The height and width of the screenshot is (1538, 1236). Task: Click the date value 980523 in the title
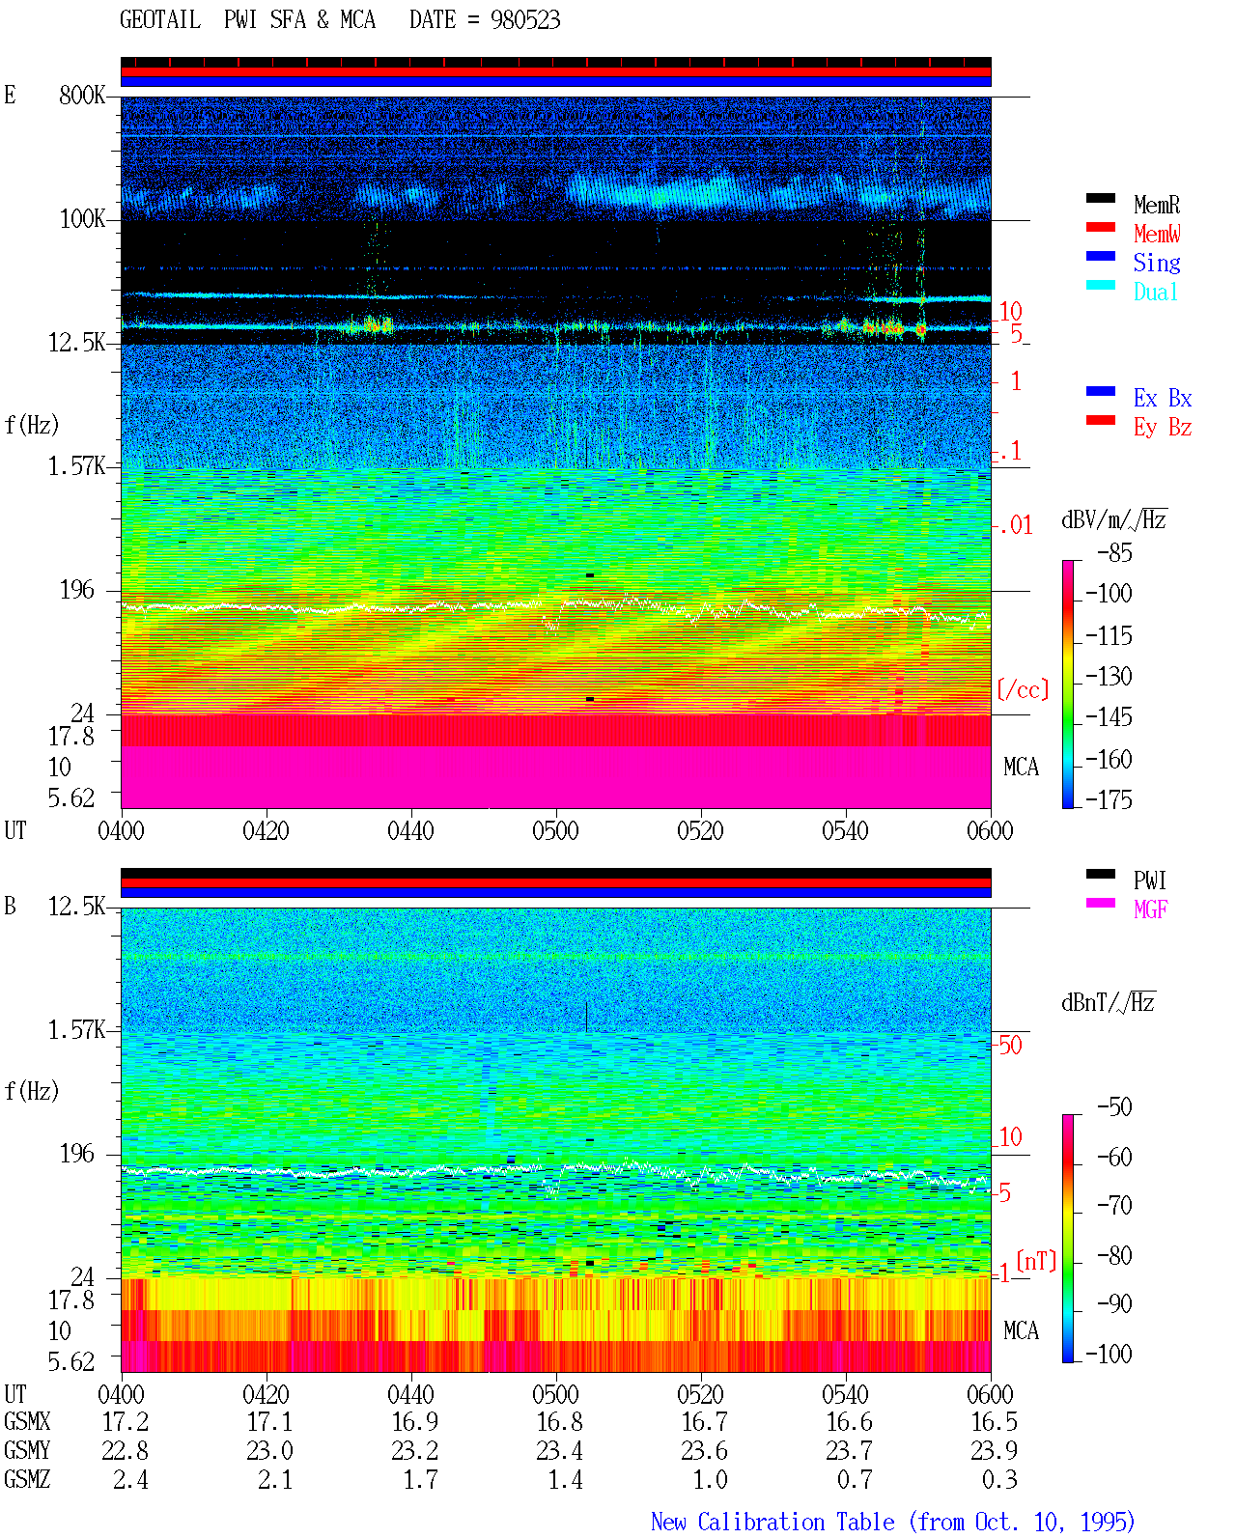524,20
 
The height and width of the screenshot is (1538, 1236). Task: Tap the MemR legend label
1156,205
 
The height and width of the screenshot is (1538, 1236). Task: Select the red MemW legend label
1157,234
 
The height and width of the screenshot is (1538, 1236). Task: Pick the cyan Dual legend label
1155,292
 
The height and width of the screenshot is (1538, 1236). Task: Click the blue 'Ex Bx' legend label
1163,398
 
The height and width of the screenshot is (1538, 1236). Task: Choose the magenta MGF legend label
1150,909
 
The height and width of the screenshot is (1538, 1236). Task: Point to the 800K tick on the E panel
82,95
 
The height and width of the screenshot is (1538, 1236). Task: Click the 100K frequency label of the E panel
82,219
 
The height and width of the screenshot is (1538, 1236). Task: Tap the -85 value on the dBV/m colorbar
1113,552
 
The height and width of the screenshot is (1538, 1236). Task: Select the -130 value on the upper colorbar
1109,676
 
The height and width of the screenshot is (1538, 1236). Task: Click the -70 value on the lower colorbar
1113,1206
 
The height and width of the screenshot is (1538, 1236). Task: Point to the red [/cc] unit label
1023,689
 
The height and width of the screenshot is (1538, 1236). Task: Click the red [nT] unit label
1036,1261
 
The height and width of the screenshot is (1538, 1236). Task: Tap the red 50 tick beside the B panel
1010,1045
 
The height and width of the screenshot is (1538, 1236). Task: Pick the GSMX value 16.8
560,1421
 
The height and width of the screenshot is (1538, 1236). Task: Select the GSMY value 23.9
994,1450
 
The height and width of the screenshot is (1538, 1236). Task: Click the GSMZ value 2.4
130,1479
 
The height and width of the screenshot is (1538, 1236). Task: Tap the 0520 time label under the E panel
701,830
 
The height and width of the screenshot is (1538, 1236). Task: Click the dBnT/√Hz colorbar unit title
1108,1002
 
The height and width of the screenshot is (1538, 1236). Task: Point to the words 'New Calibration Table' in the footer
772,1522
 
